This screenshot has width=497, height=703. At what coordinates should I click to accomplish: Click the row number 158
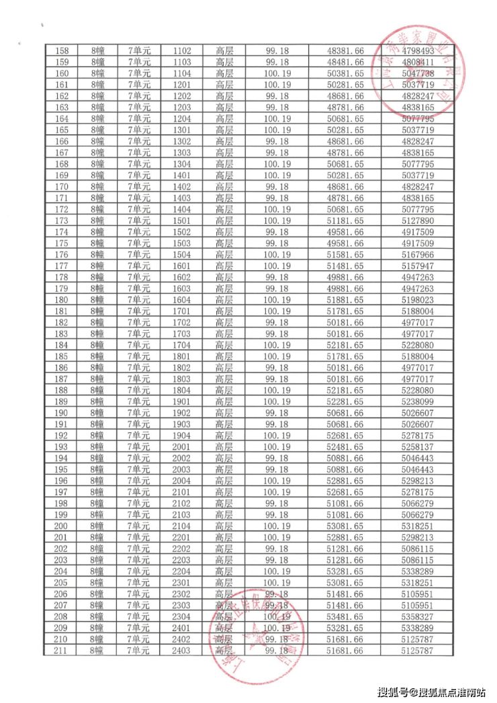tap(61, 50)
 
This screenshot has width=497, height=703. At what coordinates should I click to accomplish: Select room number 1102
tap(182, 50)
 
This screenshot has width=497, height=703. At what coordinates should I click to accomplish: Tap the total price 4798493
tap(417, 50)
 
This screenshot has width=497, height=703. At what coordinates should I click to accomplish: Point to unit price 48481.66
tap(345, 62)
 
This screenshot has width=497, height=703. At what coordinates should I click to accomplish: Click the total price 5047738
tap(417, 73)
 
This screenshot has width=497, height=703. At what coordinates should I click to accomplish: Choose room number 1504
tap(182, 255)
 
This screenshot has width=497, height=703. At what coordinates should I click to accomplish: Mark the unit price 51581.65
tap(345, 255)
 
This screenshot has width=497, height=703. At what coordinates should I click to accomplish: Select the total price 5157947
tap(417, 266)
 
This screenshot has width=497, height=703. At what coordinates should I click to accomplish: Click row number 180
tap(61, 300)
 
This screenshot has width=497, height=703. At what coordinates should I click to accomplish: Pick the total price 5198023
tap(417, 300)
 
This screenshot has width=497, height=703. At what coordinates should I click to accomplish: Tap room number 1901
tap(182, 401)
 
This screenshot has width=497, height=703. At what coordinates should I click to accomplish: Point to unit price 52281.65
tap(345, 401)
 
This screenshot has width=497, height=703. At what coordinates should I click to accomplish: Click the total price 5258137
tap(417, 447)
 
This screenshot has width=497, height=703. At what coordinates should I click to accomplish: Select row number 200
tap(61, 526)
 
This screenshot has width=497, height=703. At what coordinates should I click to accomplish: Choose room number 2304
tap(182, 616)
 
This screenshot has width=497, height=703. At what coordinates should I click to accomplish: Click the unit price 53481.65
tap(345, 616)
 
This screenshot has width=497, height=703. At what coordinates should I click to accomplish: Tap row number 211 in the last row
tap(61, 651)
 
